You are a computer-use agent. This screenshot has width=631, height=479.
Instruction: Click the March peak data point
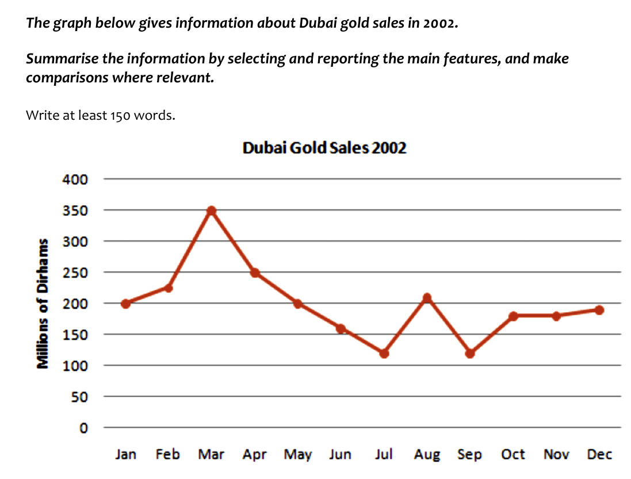(x=212, y=211)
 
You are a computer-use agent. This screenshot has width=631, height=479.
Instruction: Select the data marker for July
(x=384, y=353)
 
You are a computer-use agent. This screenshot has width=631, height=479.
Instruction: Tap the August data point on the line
(x=427, y=298)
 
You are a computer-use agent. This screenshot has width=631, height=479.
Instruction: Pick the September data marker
(x=470, y=353)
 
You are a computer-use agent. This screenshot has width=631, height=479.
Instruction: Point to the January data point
(x=125, y=303)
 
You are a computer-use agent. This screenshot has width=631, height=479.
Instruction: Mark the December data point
(x=599, y=310)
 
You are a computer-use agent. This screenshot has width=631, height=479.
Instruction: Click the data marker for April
(x=255, y=272)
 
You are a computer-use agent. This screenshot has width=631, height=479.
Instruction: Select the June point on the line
(x=341, y=328)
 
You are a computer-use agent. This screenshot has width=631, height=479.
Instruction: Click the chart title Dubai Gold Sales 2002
(x=324, y=148)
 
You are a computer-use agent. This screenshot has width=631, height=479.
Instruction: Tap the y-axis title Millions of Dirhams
(x=42, y=303)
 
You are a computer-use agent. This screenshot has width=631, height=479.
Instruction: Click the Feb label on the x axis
(x=167, y=454)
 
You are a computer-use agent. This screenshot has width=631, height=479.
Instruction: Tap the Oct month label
(x=513, y=454)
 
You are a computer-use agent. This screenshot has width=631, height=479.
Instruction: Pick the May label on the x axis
(x=297, y=455)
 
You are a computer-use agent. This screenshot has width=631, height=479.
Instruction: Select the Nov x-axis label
(x=556, y=454)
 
